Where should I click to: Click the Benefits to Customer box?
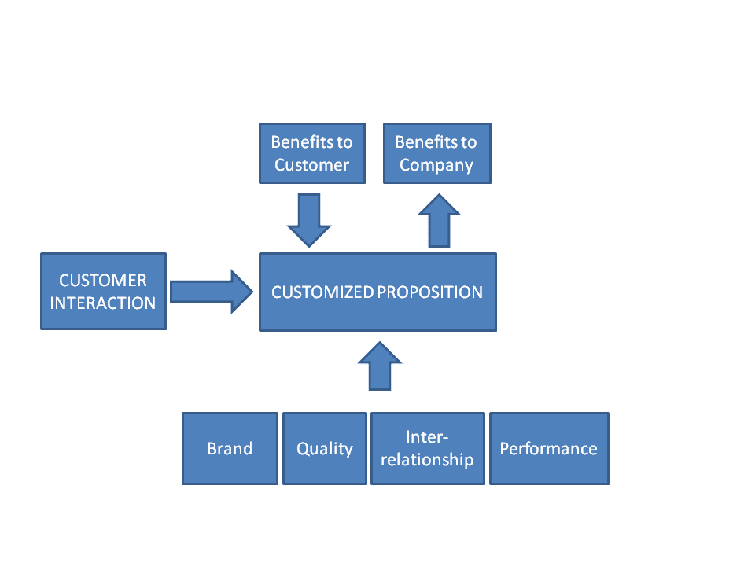pyautogui.click(x=312, y=153)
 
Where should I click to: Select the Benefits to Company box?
pyautogui.click(x=436, y=153)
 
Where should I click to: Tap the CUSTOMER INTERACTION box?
pyautogui.click(x=104, y=291)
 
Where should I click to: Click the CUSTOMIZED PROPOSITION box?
pyautogui.click(x=377, y=292)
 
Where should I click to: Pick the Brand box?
pyautogui.click(x=230, y=449)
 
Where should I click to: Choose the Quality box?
pyautogui.click(x=325, y=449)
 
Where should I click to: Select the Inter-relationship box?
pyautogui.click(x=428, y=449)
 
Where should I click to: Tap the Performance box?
pyautogui.click(x=549, y=449)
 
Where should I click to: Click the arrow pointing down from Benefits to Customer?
pyautogui.click(x=309, y=220)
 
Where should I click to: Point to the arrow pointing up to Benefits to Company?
pyautogui.click(x=439, y=220)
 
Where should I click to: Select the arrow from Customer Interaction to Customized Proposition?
pyautogui.click(x=212, y=292)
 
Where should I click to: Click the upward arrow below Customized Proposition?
pyautogui.click(x=380, y=366)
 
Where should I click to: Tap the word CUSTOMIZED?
pyautogui.click(x=322, y=292)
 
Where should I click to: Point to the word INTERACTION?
pyautogui.click(x=103, y=303)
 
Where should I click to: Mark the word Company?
pyautogui.click(x=436, y=166)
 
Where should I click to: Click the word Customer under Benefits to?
pyautogui.click(x=312, y=165)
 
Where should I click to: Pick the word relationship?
pyautogui.click(x=427, y=460)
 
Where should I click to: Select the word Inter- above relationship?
pyautogui.click(x=427, y=437)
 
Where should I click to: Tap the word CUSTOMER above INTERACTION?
pyautogui.click(x=103, y=280)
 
